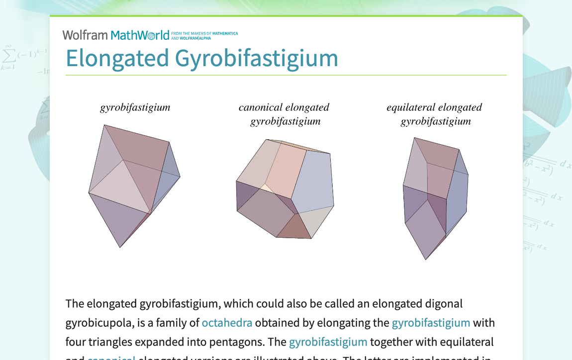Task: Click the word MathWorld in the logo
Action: pyautogui.click(x=140, y=35)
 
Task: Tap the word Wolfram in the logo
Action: pyautogui.click(x=85, y=35)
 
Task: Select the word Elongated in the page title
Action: pyautogui.click(x=117, y=58)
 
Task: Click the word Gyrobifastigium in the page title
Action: pyautogui.click(x=256, y=58)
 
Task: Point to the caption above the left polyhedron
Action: pyautogui.click(x=135, y=107)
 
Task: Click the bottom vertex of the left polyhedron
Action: pyautogui.click(x=120, y=247)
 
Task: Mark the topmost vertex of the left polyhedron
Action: pyautogui.click(x=104, y=125)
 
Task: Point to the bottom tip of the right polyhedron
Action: pyautogui.click(x=426, y=259)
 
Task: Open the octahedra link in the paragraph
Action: pyautogui.click(x=227, y=323)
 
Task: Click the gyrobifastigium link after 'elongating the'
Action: pyautogui.click(x=431, y=323)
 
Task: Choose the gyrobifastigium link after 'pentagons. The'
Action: pyautogui.click(x=328, y=342)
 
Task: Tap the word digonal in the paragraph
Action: pyautogui.click(x=443, y=303)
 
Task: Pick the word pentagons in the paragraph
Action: pyautogui.click(x=254, y=342)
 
